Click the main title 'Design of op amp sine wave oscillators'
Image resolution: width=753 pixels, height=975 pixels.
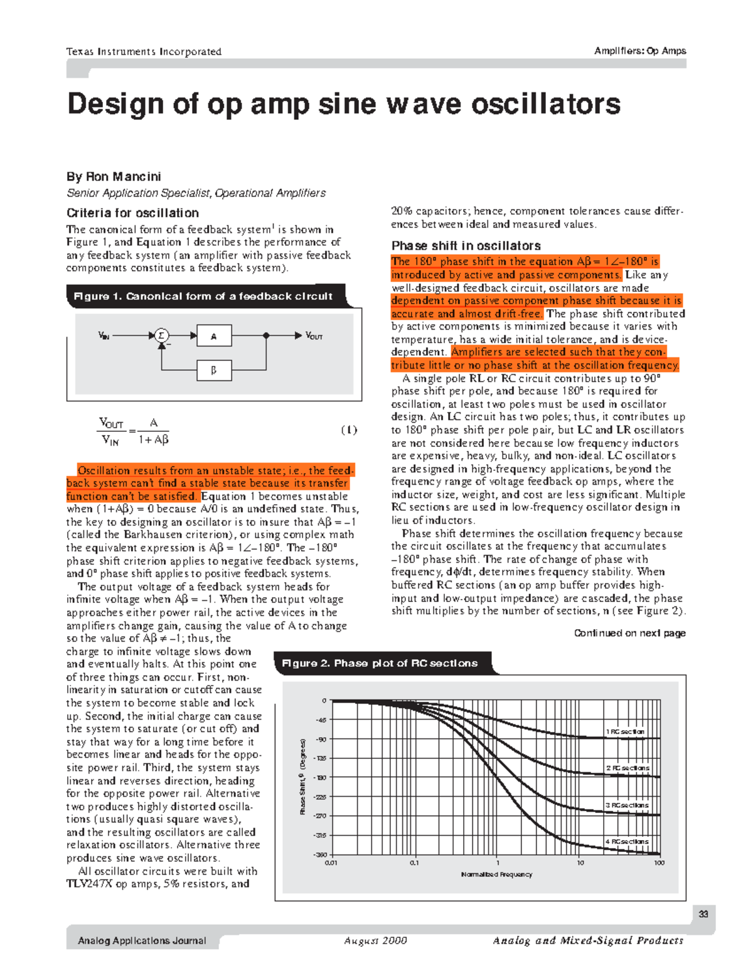[x=344, y=104]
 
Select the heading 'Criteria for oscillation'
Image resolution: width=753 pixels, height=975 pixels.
[x=132, y=213]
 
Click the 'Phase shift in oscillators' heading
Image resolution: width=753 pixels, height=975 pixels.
[x=466, y=245]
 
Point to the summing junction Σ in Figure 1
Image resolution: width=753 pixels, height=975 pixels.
[x=161, y=336]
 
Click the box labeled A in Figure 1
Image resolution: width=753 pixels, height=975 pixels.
[x=214, y=337]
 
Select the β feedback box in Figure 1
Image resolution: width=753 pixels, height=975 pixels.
[x=214, y=370]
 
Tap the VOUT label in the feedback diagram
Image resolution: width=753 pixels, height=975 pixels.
[x=314, y=337]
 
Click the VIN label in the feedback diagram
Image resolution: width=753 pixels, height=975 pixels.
[x=104, y=336]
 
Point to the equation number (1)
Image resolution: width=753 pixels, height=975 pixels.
[x=349, y=430]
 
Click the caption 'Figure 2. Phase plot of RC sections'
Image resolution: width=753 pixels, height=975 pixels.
[x=380, y=663]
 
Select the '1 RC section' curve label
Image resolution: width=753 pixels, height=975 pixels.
[x=625, y=731]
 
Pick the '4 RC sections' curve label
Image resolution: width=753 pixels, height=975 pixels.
[x=627, y=841]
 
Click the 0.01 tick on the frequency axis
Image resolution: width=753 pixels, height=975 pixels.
[x=331, y=863]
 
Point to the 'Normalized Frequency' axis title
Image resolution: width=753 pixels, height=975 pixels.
[x=496, y=874]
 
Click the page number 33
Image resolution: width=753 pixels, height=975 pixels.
[x=703, y=914]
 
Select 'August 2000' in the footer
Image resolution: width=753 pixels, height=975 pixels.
[x=375, y=940]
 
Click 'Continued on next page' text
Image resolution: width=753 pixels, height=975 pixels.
[x=629, y=633]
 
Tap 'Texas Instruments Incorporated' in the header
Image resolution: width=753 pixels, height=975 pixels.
[x=144, y=51]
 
